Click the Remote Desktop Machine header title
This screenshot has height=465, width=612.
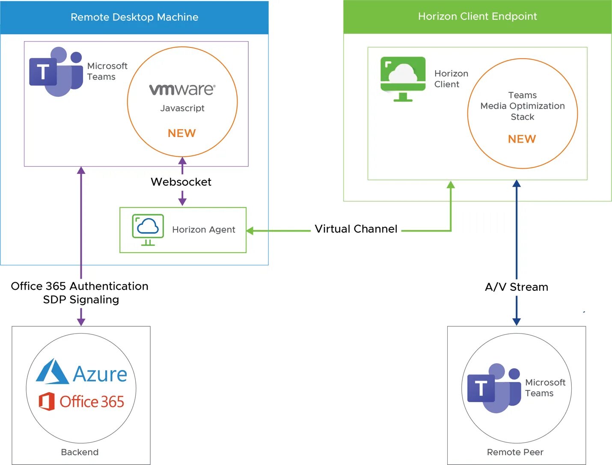point(134,17)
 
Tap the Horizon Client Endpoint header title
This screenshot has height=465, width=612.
point(477,16)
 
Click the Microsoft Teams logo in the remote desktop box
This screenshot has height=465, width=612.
point(56,72)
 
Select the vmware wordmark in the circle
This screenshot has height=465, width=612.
point(182,89)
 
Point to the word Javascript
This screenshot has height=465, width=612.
point(182,108)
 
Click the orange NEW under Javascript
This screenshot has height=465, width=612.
point(182,133)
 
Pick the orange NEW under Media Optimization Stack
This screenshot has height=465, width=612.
point(522,139)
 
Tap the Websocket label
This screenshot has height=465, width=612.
point(181,182)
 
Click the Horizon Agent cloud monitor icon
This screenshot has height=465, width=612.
point(148,230)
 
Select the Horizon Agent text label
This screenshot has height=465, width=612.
point(204,230)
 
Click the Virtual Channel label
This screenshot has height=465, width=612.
point(356,229)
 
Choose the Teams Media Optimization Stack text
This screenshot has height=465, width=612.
point(523,106)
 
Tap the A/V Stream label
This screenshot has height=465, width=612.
point(517,287)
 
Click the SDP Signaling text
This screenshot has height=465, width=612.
point(81,300)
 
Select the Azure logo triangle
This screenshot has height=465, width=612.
point(52,372)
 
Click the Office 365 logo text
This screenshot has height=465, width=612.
point(92,402)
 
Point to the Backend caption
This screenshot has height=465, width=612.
point(80,452)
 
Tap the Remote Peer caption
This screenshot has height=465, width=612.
point(515,452)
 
